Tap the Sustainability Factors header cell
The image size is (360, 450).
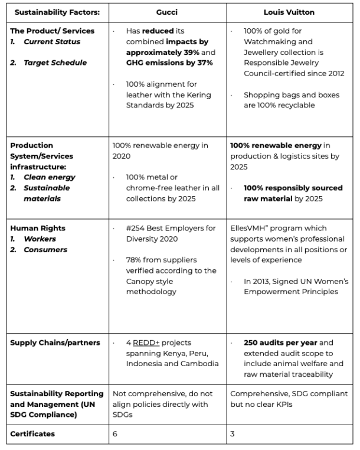point(57,12)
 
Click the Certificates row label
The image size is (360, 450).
point(32,434)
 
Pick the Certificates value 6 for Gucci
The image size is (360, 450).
point(115,434)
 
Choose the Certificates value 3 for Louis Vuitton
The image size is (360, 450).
point(232,434)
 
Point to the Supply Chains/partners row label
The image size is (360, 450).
point(55,343)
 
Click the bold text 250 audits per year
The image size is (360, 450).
point(281,343)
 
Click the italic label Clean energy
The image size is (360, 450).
point(50,177)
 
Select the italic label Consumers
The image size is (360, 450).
point(45,250)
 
